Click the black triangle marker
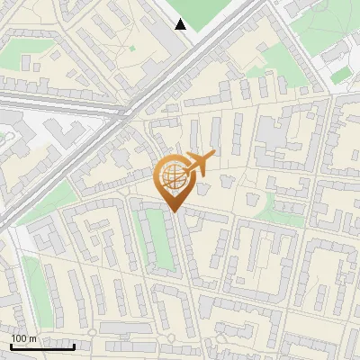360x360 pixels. tap(181, 24)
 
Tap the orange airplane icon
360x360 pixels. tap(197, 164)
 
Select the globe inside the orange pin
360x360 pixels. tap(172, 178)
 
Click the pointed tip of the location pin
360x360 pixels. tap(172, 211)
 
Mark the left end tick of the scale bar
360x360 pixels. tap(11, 345)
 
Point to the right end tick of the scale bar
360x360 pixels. tap(74, 345)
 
